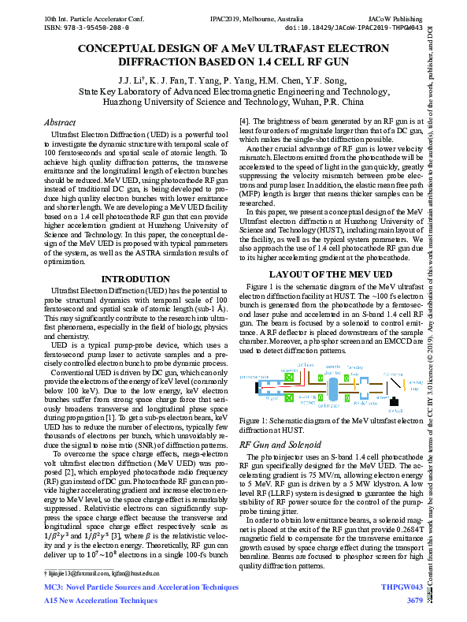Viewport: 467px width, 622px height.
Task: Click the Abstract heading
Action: (x=60, y=123)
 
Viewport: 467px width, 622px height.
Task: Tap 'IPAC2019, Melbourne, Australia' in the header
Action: (x=232, y=17)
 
